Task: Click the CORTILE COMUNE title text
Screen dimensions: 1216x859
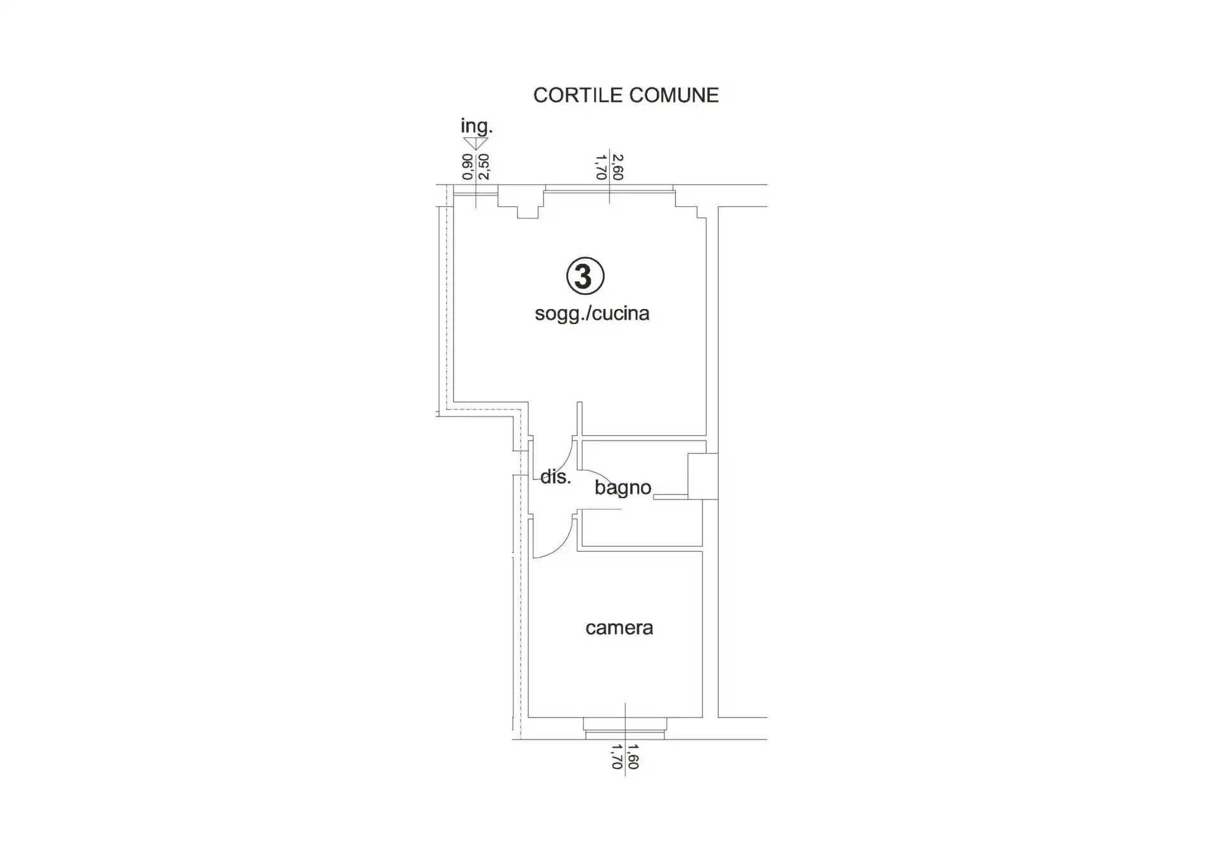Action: click(626, 95)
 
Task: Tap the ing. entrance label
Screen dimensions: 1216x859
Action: click(476, 126)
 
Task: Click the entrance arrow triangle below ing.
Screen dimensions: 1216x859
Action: click(476, 144)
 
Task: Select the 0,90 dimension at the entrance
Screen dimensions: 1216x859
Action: click(467, 166)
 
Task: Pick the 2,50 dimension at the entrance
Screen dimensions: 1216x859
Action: click(483, 166)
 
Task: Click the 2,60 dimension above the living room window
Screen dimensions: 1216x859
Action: click(618, 167)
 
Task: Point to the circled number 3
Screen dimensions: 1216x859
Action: click(585, 276)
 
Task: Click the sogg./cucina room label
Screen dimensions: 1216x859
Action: click(592, 313)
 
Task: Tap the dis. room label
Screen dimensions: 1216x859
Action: click(555, 477)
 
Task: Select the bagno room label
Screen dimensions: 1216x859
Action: click(623, 487)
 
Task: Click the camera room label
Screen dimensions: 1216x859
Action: click(619, 628)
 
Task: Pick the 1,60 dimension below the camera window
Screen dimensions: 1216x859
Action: click(633, 757)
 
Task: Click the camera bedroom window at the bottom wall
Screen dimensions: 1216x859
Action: click(624, 729)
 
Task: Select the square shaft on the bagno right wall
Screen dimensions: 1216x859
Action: click(703, 476)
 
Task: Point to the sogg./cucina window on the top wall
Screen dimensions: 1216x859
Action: click(609, 188)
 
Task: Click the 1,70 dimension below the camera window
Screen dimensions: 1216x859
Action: click(617, 757)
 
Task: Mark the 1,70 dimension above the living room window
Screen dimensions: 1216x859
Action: click(602, 167)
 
